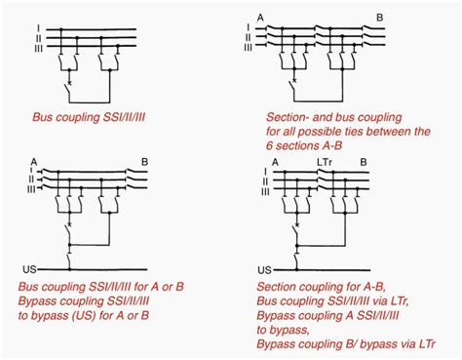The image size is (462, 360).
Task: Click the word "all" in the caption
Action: tap(299, 131)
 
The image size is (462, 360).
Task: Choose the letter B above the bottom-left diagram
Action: tap(144, 160)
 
